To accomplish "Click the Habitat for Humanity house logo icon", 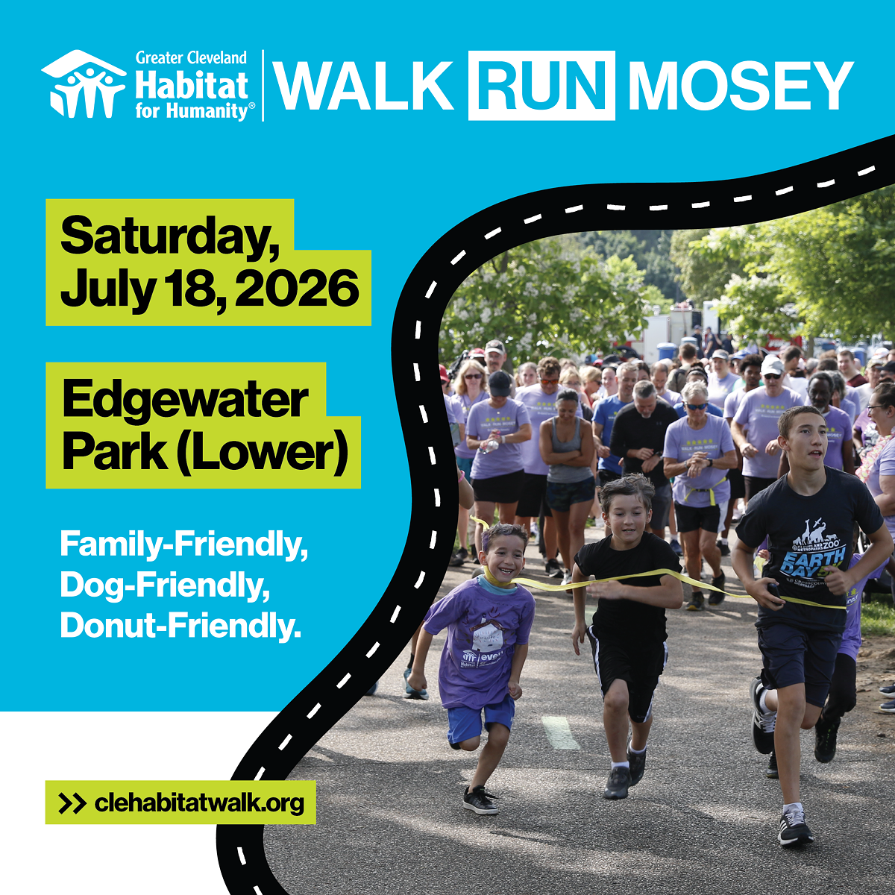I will click(84, 84).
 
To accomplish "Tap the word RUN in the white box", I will click(541, 85).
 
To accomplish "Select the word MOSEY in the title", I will click(740, 85).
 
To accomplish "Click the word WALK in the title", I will click(364, 85).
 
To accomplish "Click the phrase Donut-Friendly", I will click(180, 625).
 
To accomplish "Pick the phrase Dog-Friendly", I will click(165, 585).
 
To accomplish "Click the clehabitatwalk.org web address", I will click(199, 803).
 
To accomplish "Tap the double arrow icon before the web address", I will click(72, 803).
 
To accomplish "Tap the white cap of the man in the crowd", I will click(772, 366).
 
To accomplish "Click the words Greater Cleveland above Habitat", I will click(191, 57).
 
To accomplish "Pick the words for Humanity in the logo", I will click(191, 112).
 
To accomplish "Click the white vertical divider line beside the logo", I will click(263, 85).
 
